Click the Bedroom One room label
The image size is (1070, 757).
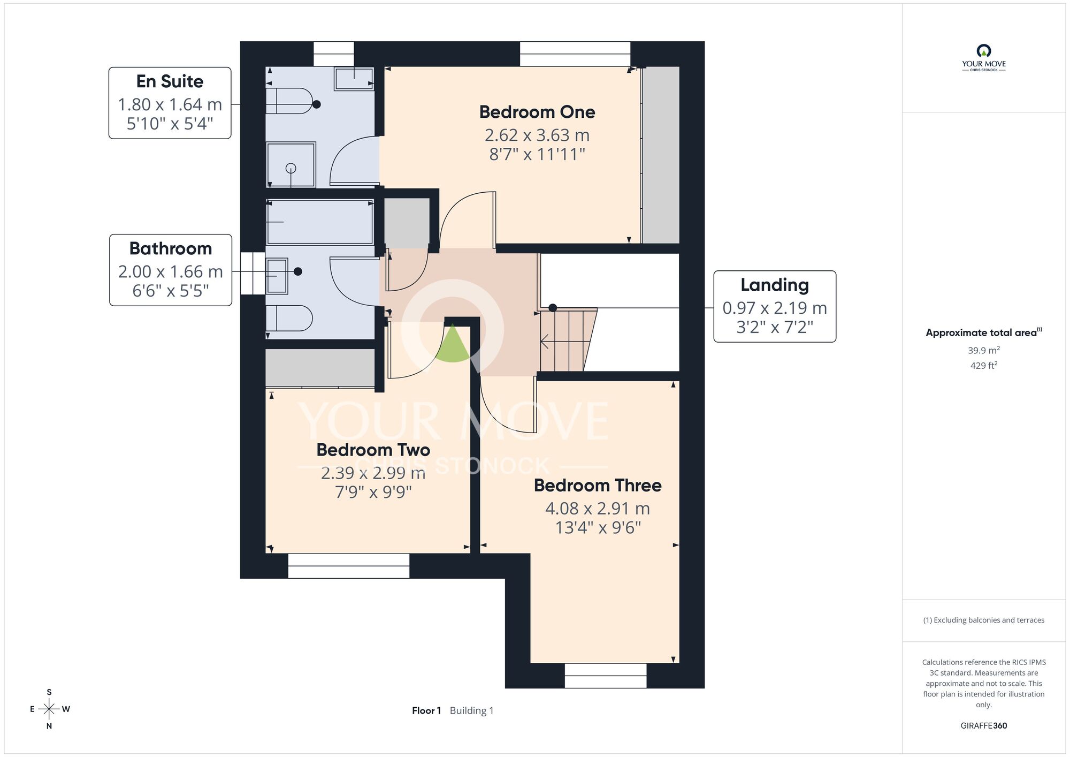pyautogui.click(x=537, y=112)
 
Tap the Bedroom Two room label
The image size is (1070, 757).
pyautogui.click(x=373, y=450)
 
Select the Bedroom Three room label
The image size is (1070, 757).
pyautogui.click(x=598, y=485)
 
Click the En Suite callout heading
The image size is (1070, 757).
pyautogui.click(x=170, y=81)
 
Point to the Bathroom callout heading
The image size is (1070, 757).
pyautogui.click(x=171, y=248)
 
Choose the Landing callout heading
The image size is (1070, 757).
pyautogui.click(x=775, y=285)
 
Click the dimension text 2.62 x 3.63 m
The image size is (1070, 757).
pyautogui.click(x=537, y=135)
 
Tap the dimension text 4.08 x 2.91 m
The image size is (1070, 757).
pyautogui.click(x=598, y=509)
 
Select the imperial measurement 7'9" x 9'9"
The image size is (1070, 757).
pyautogui.click(x=373, y=491)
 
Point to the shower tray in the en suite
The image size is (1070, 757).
pyautogui.click(x=291, y=165)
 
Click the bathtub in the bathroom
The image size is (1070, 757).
pyautogui.click(x=320, y=222)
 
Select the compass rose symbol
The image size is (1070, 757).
pyautogui.click(x=49, y=709)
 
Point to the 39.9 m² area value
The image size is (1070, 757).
pyautogui.click(x=984, y=350)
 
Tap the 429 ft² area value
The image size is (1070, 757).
pyautogui.click(x=984, y=365)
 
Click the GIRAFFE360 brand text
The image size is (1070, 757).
pyautogui.click(x=983, y=726)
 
